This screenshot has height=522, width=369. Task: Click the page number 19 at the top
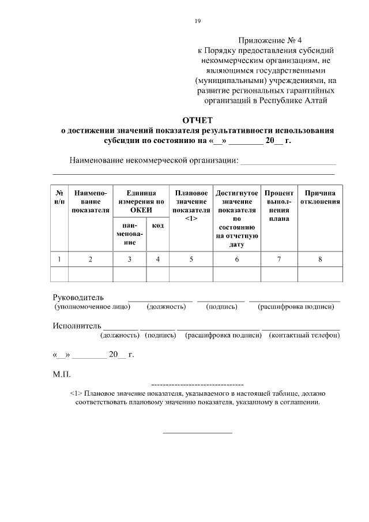(x=198, y=21)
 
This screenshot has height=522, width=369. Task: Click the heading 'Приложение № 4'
(x=270, y=40)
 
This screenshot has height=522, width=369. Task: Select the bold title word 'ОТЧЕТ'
(x=198, y=120)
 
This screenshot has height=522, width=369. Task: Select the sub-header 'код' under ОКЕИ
(x=157, y=226)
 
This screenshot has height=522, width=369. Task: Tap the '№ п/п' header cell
(x=60, y=197)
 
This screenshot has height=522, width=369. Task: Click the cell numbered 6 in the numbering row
(x=236, y=259)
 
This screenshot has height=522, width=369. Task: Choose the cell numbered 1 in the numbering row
(x=60, y=259)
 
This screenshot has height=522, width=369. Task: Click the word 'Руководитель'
(x=78, y=298)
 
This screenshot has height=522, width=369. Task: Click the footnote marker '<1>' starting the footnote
(x=76, y=393)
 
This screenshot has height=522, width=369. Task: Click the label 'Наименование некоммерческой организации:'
(x=153, y=160)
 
